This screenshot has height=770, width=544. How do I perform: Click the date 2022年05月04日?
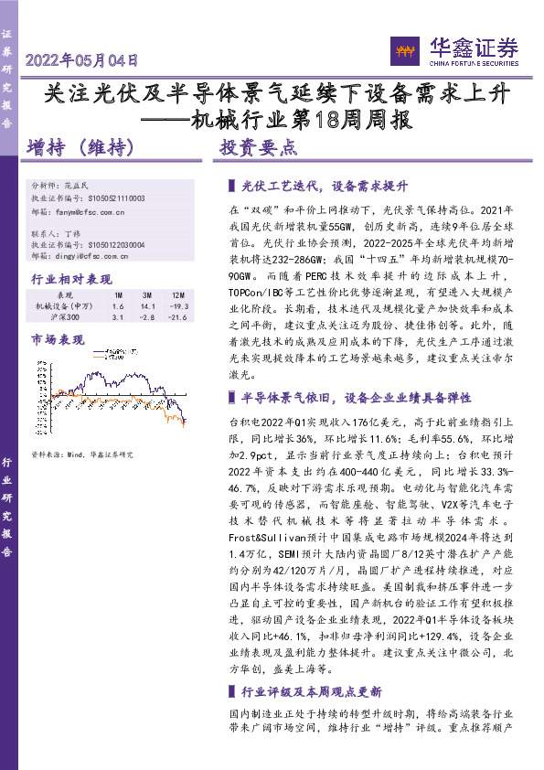click(83, 61)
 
